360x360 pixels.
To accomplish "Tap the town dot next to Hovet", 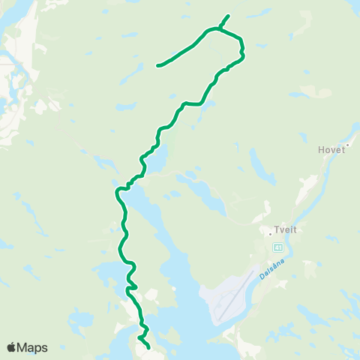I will coord(349,145).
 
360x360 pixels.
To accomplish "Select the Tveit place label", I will coord(286,231).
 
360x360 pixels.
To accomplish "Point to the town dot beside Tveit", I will coord(270,232).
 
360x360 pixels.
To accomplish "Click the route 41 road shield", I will coord(278,247).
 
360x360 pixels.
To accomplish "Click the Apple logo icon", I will coord(11,347).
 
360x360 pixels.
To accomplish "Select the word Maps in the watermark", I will coord(32,347).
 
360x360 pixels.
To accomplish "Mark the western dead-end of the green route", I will coord(157,66).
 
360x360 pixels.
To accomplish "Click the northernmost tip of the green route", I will coord(229,16).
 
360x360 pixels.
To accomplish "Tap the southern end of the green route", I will coord(149,348).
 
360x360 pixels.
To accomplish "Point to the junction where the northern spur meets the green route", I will coord(219,29).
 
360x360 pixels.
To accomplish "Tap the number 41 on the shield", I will coord(278,247).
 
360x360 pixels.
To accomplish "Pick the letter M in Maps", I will coord(22,347).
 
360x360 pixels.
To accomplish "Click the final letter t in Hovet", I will coord(343,149).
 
